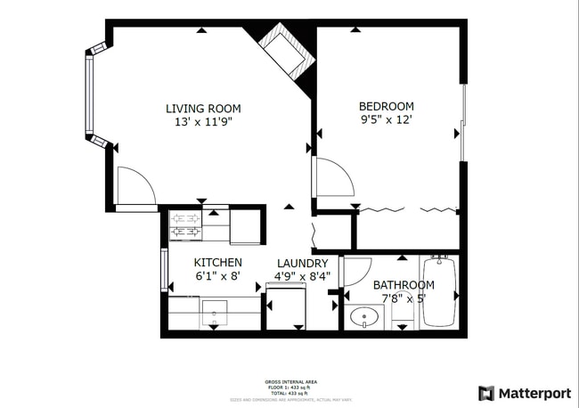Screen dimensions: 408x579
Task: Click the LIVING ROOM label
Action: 203,109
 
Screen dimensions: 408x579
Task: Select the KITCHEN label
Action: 217,262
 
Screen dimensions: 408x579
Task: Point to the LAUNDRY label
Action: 302,263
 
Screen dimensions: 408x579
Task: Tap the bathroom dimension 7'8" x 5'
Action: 404,298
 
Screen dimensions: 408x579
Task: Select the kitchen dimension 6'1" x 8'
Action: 217,275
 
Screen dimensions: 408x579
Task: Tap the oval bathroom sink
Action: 364,317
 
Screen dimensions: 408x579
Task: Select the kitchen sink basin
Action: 214,314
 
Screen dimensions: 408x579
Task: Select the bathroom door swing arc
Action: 356,273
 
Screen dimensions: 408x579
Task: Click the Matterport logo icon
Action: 486,393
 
